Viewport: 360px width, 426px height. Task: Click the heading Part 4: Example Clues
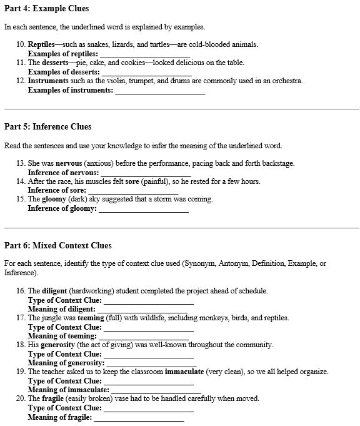pyautogui.click(x=47, y=9)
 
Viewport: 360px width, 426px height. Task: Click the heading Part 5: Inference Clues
pyautogui.click(x=48, y=127)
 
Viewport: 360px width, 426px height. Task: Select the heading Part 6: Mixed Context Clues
pyautogui.click(x=58, y=245)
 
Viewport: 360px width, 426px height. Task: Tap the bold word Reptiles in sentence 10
pyautogui.click(x=41, y=44)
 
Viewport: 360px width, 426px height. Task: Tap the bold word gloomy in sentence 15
pyautogui.click(x=54, y=200)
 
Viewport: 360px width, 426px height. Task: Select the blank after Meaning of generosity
pyautogui.click(x=150, y=363)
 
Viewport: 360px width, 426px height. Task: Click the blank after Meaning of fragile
pyautogui.click(x=139, y=417)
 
